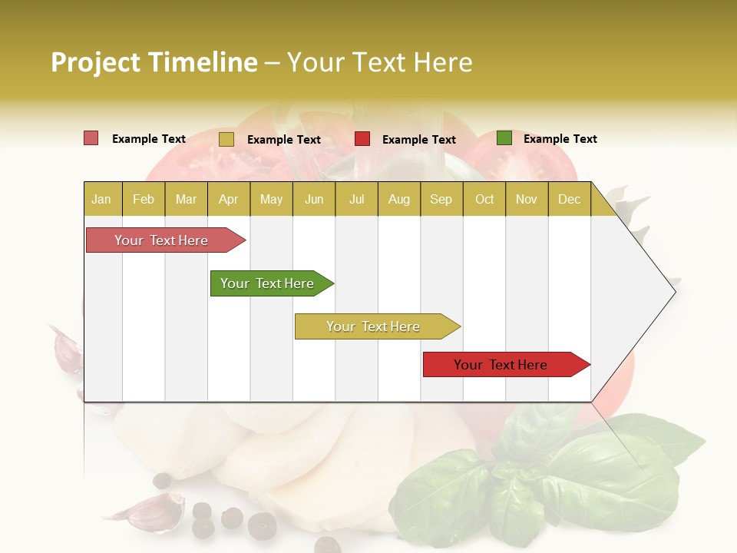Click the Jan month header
pos(101,199)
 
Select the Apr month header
pos(228,199)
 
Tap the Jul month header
pos(356,199)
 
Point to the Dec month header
pos(569,199)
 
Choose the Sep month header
pos(441,199)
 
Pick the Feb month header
pos(144,199)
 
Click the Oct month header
pos(484,199)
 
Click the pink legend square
pos(91,138)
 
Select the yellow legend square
pos(226,139)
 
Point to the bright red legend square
pos(362,139)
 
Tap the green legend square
pos(504,138)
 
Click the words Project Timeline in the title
pos(154,62)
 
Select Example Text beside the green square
pos(560,139)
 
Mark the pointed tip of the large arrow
pos(674,291)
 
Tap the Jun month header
pos(314,199)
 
